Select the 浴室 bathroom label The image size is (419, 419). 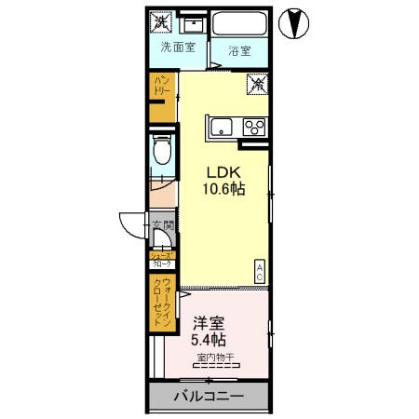(x=240, y=50)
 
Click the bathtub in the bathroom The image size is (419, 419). (x=240, y=24)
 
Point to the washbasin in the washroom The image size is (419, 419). (x=195, y=23)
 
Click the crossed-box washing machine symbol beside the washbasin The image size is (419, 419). (x=162, y=20)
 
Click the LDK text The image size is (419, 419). (x=224, y=172)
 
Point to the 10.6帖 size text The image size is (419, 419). (x=224, y=190)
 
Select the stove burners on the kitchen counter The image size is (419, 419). (x=252, y=127)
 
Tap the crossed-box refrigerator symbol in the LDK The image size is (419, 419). (x=255, y=85)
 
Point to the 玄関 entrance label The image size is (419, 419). (x=162, y=226)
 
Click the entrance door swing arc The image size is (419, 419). (x=128, y=225)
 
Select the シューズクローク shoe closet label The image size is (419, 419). (x=161, y=259)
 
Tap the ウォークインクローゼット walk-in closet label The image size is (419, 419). (x=163, y=300)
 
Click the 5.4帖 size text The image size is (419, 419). (x=209, y=340)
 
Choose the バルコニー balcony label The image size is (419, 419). (x=209, y=396)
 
